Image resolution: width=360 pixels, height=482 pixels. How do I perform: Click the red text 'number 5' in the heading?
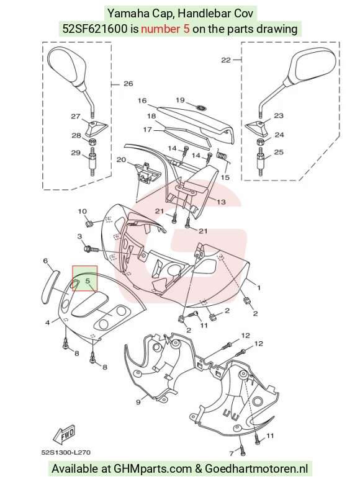pyautogui.click(x=165, y=29)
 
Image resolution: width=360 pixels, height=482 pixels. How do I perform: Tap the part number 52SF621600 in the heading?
pyautogui.click(x=95, y=29)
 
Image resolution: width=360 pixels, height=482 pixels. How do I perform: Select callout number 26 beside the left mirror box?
pyautogui.click(x=128, y=83)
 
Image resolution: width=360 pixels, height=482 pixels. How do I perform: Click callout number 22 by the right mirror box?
pyautogui.click(x=226, y=60)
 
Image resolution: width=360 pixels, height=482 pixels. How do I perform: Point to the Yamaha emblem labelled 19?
pyautogui.click(x=202, y=108)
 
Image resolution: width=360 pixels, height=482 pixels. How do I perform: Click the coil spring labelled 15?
pyautogui.click(x=222, y=155)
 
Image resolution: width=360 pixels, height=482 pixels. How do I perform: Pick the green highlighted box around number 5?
pyautogui.click(x=84, y=279)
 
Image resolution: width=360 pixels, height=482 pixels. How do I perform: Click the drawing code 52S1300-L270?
pyautogui.click(x=66, y=452)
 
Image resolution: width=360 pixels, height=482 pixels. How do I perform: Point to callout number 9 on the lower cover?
pyautogui.click(x=138, y=402)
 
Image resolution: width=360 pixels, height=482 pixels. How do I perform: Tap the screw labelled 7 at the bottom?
pyautogui.click(x=243, y=449)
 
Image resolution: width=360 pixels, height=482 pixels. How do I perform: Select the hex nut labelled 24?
pyautogui.click(x=261, y=141)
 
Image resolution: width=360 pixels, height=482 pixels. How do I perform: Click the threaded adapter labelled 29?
pyautogui.click(x=92, y=161)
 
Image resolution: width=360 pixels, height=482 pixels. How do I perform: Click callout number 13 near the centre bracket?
pyautogui.click(x=221, y=202)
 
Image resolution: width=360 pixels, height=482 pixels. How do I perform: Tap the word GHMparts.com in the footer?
pyautogui.click(x=153, y=468)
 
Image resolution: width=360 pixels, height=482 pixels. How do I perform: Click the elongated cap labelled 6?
pyautogui.click(x=50, y=287)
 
